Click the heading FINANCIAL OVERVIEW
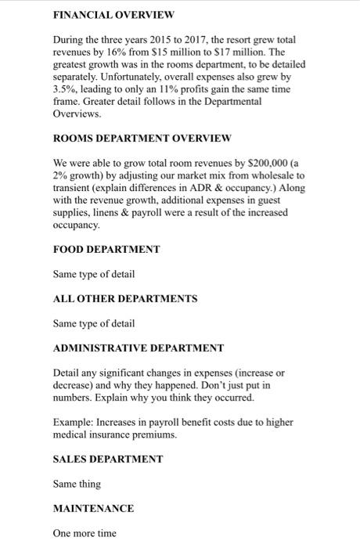(x=113, y=14)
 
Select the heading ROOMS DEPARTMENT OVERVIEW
(x=142, y=138)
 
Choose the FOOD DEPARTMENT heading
(x=106, y=249)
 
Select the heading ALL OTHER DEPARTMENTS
(x=125, y=298)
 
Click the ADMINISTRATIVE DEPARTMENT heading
(x=139, y=348)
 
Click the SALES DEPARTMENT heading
(x=107, y=459)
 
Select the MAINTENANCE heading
(x=93, y=508)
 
